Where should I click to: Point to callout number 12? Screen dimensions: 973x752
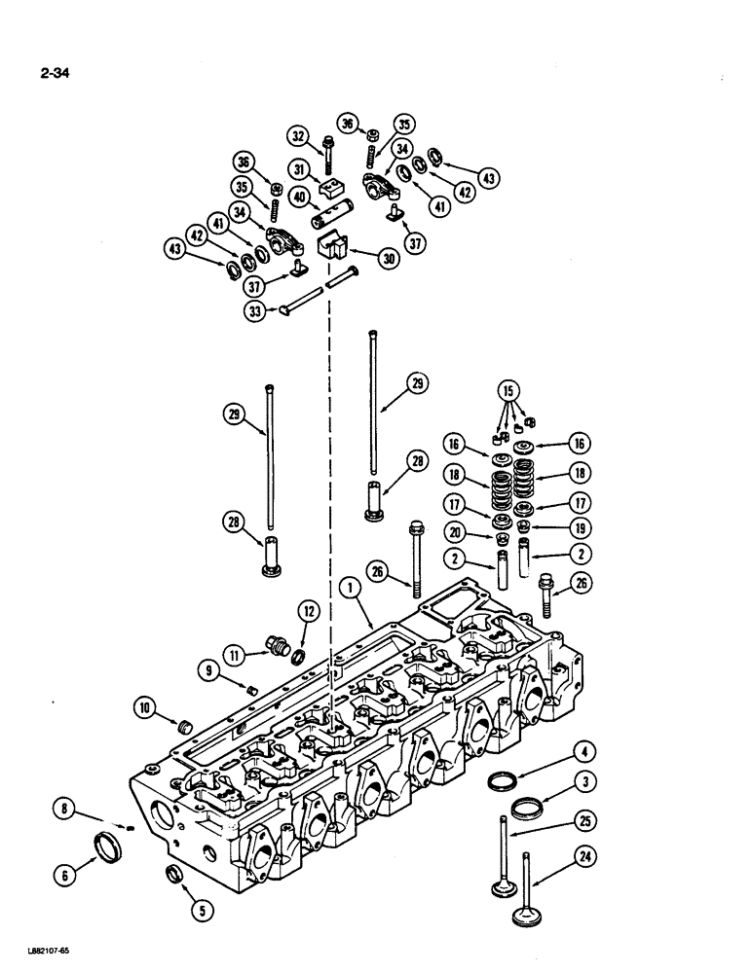tap(308, 611)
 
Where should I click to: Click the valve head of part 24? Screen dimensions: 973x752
tap(530, 918)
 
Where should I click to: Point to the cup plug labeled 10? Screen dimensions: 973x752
tap(178, 725)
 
